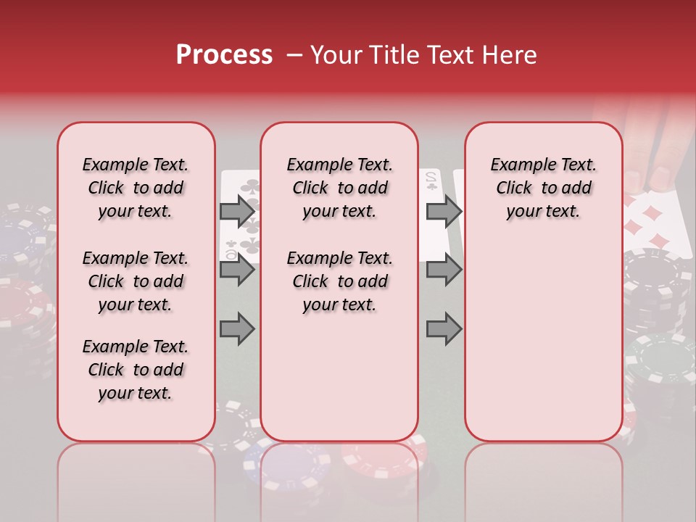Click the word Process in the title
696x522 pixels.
pos(224,55)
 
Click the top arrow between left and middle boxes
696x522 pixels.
pos(237,211)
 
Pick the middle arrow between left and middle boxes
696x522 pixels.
pos(237,270)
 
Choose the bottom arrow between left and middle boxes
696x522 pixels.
pos(237,329)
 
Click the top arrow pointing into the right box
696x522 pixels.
pos(444,211)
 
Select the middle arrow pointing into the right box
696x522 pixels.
pos(444,270)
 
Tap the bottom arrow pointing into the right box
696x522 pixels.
pos(444,329)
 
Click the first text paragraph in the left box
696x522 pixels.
pos(136,188)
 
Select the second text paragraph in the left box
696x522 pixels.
pos(136,281)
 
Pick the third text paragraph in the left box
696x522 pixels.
pos(136,370)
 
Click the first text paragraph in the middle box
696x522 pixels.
pos(339,188)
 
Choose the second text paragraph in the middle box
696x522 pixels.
pos(339,281)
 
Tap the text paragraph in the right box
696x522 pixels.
pos(543,188)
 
